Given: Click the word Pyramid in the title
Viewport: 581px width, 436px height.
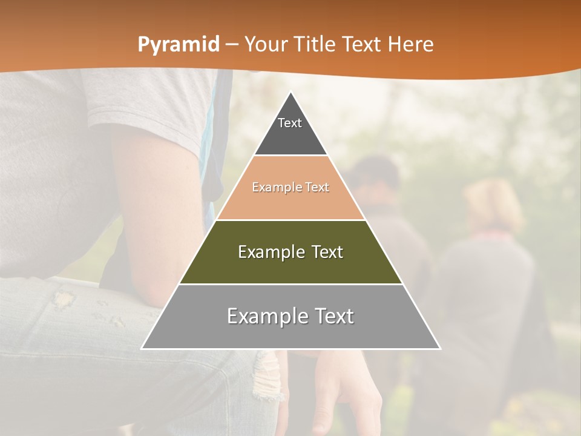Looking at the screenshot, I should tap(178, 45).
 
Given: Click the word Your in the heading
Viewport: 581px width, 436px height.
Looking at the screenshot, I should tap(265, 44).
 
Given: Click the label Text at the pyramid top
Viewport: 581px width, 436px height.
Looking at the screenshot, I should tap(290, 124).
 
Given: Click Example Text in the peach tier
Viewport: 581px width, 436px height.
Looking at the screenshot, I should tap(290, 188).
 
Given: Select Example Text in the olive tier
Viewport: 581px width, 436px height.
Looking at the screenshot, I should tap(290, 252).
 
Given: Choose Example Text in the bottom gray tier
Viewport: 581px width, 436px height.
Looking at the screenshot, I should tap(290, 316).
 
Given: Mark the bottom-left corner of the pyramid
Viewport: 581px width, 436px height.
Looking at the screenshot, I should tap(142, 348).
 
